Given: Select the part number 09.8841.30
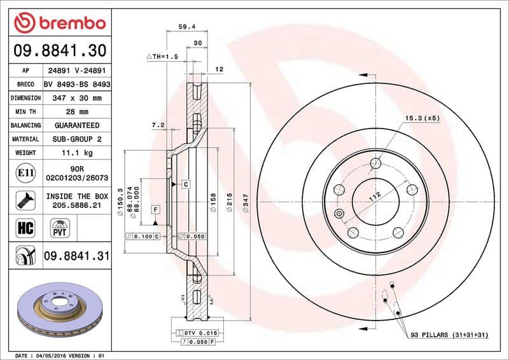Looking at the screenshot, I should point(59,50).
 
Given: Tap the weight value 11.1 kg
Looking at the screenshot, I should point(76,153).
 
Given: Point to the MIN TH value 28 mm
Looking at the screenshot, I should point(76,112).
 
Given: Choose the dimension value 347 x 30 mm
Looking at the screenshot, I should point(76,99).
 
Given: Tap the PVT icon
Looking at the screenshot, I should point(61,228).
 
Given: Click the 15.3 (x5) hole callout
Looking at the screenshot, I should point(422,118).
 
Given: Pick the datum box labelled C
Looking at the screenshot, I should point(186,184).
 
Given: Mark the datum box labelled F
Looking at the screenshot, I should point(155,209).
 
